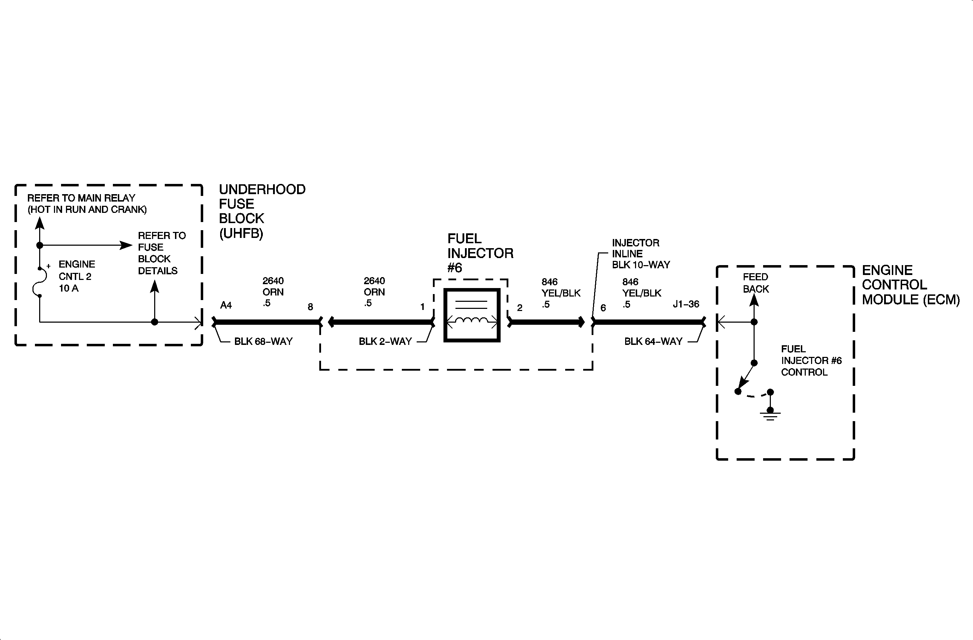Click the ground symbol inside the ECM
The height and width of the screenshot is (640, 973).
point(770,415)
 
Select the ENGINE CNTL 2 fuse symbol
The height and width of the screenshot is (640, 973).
point(36,282)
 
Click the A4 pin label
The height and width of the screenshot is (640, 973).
point(226,305)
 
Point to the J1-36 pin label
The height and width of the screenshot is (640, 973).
point(686,304)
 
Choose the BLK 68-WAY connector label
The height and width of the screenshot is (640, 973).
point(263,341)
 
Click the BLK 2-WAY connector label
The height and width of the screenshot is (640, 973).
point(385,341)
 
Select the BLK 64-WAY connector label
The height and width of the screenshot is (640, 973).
point(653,341)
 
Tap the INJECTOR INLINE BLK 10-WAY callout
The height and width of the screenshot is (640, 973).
point(641,254)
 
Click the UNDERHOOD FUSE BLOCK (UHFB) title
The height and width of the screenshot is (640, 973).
point(262,211)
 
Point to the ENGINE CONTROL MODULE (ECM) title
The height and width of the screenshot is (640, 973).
point(911,285)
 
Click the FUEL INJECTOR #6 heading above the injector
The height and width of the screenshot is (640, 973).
point(480,253)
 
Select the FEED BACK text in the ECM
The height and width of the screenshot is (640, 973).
point(756,283)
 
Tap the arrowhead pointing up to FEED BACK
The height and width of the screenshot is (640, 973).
point(754,300)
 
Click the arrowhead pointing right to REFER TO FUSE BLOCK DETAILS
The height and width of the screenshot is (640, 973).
point(126,245)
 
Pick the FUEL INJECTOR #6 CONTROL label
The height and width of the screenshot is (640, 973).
point(811,361)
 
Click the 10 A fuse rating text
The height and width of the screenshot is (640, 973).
point(69,288)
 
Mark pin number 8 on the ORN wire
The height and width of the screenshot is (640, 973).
point(310,307)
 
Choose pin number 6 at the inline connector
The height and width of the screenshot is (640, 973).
point(603,308)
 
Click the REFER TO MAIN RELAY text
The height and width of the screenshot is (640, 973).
point(81,198)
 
